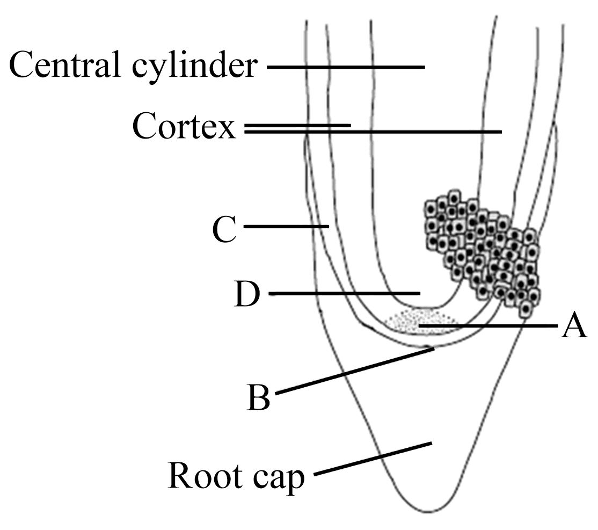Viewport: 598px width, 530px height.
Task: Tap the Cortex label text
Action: pos(184,127)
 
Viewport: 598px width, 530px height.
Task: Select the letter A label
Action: pos(574,325)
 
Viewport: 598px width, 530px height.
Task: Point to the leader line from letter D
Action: pos(344,293)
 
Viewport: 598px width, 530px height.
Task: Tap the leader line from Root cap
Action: pos(373,459)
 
